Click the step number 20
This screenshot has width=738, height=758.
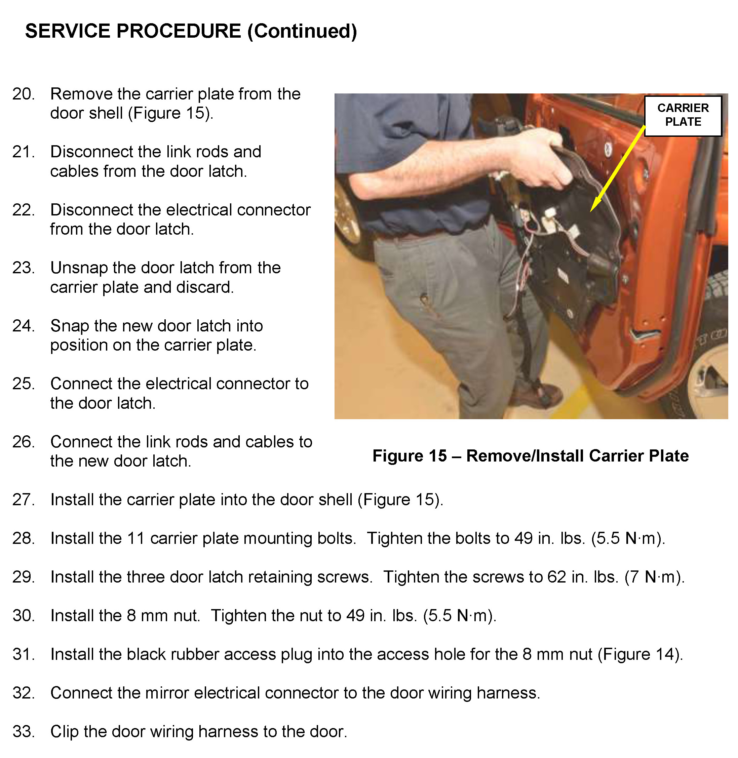[x=23, y=94]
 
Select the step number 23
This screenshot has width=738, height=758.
[x=23, y=268]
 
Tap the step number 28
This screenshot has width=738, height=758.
[x=23, y=538]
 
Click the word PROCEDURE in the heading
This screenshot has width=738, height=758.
[x=179, y=31]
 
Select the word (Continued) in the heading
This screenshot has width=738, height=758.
[x=302, y=31]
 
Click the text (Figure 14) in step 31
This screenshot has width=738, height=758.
[x=640, y=654]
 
